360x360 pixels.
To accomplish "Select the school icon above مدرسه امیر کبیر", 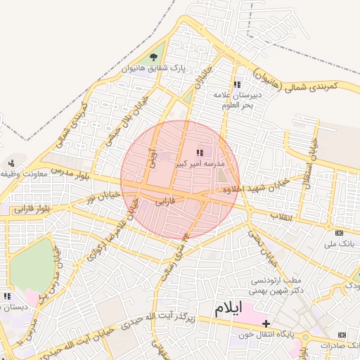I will point(200,152).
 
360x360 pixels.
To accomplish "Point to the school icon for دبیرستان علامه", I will point(237,84).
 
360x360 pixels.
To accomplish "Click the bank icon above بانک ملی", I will point(340,233).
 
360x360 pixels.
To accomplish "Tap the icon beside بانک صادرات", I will point(342,335).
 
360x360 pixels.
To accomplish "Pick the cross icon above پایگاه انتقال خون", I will point(265,323).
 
